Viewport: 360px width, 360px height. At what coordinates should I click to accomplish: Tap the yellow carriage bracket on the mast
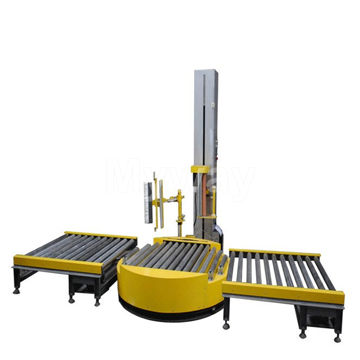click(x=200, y=170)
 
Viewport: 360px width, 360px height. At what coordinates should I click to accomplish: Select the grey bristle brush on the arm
click(x=148, y=202)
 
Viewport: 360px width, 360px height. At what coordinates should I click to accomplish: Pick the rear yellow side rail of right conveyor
click(x=274, y=252)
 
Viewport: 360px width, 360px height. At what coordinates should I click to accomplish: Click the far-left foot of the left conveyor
click(x=17, y=291)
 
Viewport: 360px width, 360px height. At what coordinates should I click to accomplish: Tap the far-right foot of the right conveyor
click(x=337, y=338)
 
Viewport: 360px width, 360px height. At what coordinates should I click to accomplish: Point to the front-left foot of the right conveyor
click(x=226, y=324)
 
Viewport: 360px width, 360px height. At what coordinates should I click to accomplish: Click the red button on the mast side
click(x=216, y=158)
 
